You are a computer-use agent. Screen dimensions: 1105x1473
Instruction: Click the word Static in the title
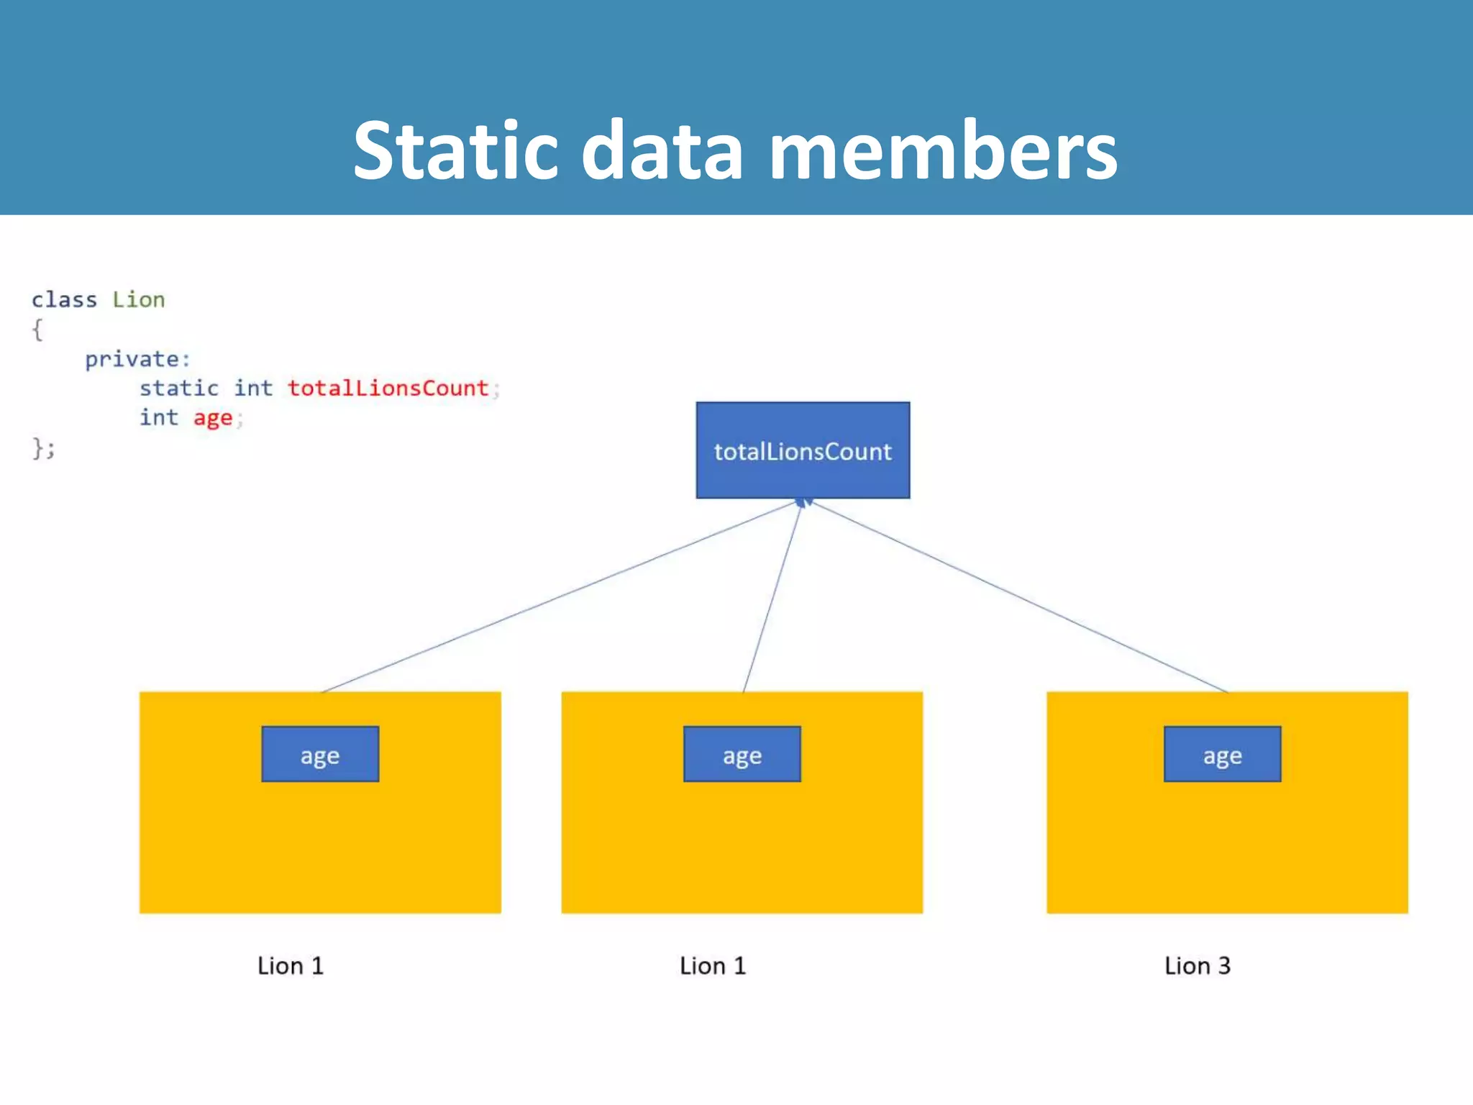pos(455,151)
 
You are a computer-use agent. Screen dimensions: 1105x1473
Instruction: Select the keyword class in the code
pos(64,299)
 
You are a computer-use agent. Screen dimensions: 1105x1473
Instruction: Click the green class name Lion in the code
pos(138,299)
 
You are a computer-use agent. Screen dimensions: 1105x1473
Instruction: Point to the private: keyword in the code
pos(137,359)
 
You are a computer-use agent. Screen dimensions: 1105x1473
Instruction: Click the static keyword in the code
pos(179,388)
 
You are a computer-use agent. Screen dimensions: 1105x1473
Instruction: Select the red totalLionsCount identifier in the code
pos(388,388)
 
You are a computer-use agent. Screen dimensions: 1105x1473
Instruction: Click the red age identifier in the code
pos(213,418)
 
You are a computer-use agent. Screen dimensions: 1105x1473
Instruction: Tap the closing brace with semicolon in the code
pos(43,448)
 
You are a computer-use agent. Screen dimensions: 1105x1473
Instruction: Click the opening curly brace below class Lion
pos(37,330)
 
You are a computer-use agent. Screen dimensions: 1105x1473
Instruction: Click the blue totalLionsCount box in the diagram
pos(803,450)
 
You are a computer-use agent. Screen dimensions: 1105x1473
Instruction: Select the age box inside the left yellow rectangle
pos(320,755)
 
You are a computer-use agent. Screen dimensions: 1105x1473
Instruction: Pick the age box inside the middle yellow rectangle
pos(742,755)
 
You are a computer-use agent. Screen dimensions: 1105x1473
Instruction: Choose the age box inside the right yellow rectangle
pos(1222,755)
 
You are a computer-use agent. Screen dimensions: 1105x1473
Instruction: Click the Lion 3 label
pos(1198,965)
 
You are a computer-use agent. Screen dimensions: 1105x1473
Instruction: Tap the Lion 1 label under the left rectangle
pos(291,965)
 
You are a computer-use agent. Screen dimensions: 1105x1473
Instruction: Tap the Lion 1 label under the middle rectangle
pos(713,965)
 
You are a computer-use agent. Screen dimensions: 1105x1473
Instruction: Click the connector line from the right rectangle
pos(1021,597)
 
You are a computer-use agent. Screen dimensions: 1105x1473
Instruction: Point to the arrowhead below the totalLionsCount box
pos(803,502)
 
